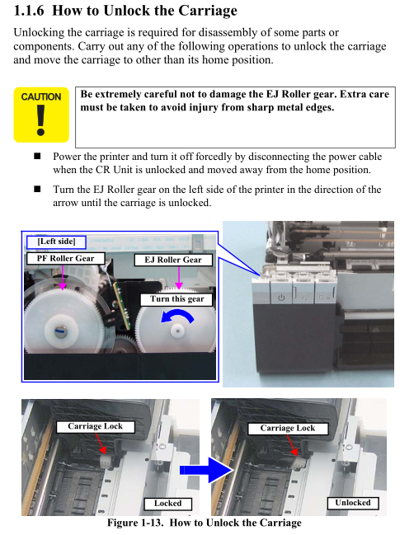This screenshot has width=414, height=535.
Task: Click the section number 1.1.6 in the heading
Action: point(29,11)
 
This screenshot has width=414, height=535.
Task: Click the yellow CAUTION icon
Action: point(41,115)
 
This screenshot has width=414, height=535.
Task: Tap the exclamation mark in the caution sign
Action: point(41,120)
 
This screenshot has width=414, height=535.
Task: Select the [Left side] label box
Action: point(56,242)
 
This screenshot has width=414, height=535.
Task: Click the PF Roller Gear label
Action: point(65,258)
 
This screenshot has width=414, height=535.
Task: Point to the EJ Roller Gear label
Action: point(173,260)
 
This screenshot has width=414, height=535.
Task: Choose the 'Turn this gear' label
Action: point(176,299)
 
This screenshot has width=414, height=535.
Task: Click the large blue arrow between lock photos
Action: point(206,470)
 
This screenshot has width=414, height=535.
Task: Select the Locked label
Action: point(168,504)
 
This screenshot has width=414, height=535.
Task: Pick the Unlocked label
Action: point(353,503)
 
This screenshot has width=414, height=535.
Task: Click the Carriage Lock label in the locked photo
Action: point(95,426)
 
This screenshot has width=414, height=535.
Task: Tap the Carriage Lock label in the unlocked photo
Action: point(288,428)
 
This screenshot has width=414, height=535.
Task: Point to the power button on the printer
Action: point(281,298)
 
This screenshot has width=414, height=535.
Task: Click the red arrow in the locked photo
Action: point(101,443)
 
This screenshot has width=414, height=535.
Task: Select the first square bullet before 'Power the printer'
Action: point(37,157)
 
